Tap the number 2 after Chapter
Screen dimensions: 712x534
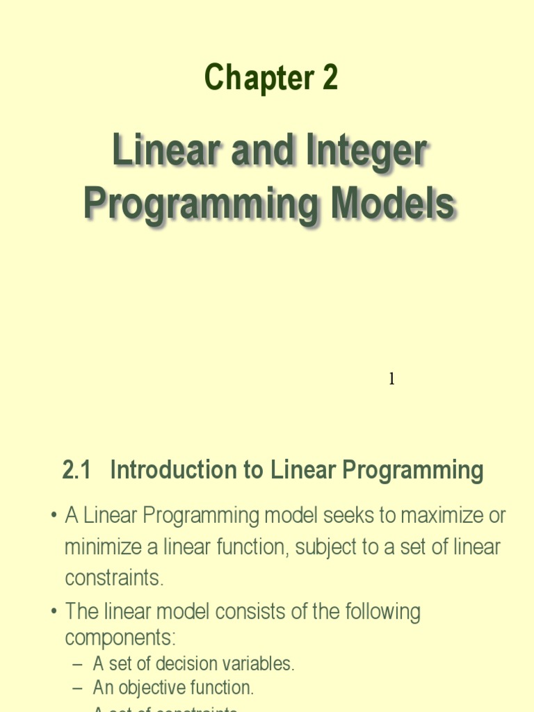coord(330,78)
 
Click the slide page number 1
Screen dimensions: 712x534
coord(391,379)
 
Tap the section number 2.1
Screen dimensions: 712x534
coord(76,471)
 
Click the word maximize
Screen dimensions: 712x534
coord(437,516)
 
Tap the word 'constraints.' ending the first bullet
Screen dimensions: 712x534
coord(114,578)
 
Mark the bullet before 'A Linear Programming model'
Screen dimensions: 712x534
coord(54,517)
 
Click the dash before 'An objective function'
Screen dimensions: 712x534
coord(78,688)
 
